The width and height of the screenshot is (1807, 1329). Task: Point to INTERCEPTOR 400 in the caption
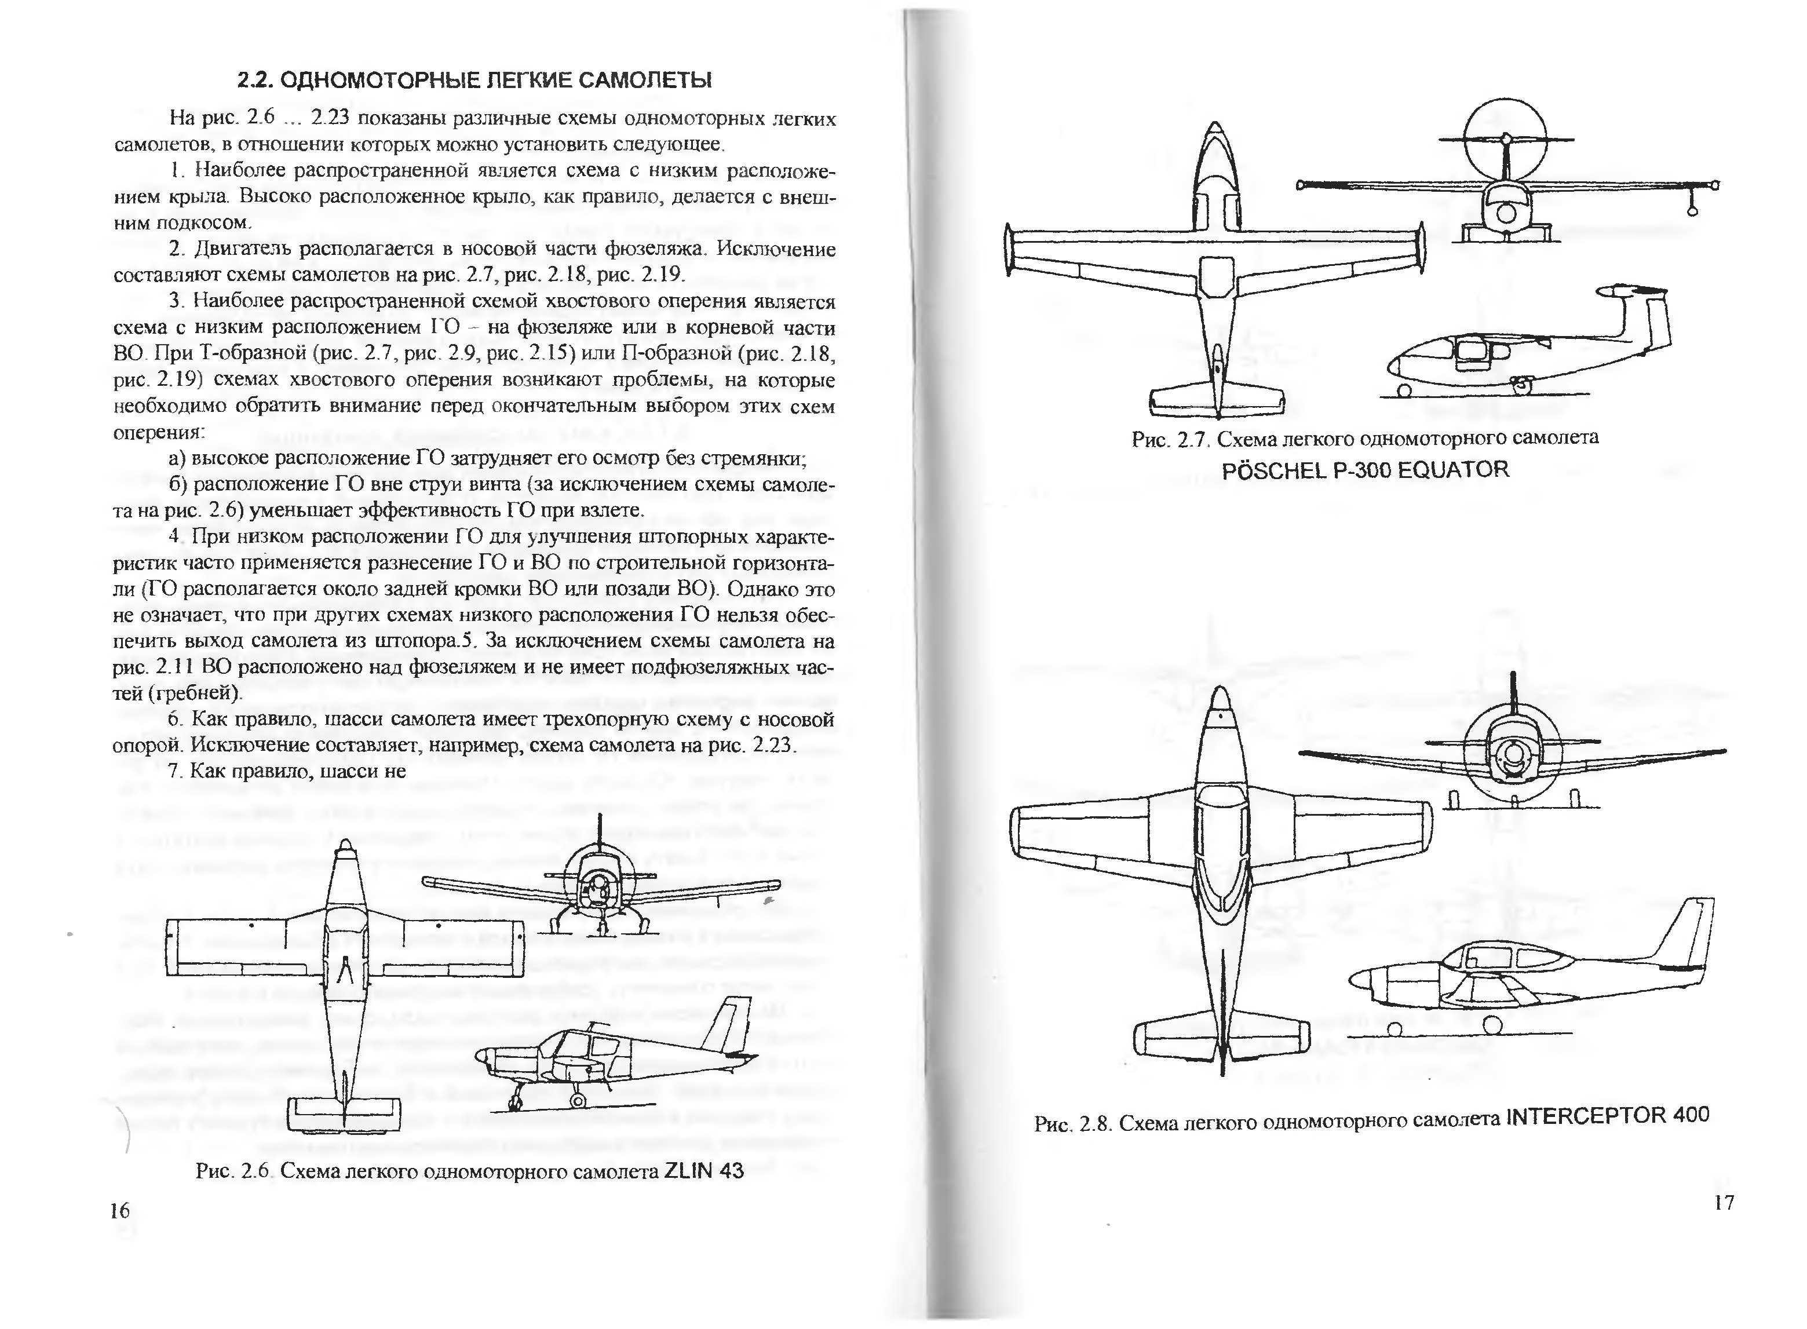[1607, 1116]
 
